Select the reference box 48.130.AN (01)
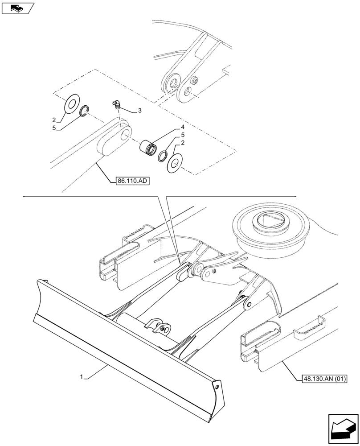(321, 379)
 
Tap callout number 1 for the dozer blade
(82, 377)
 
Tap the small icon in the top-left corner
(18, 8)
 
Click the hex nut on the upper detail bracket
(195, 82)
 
